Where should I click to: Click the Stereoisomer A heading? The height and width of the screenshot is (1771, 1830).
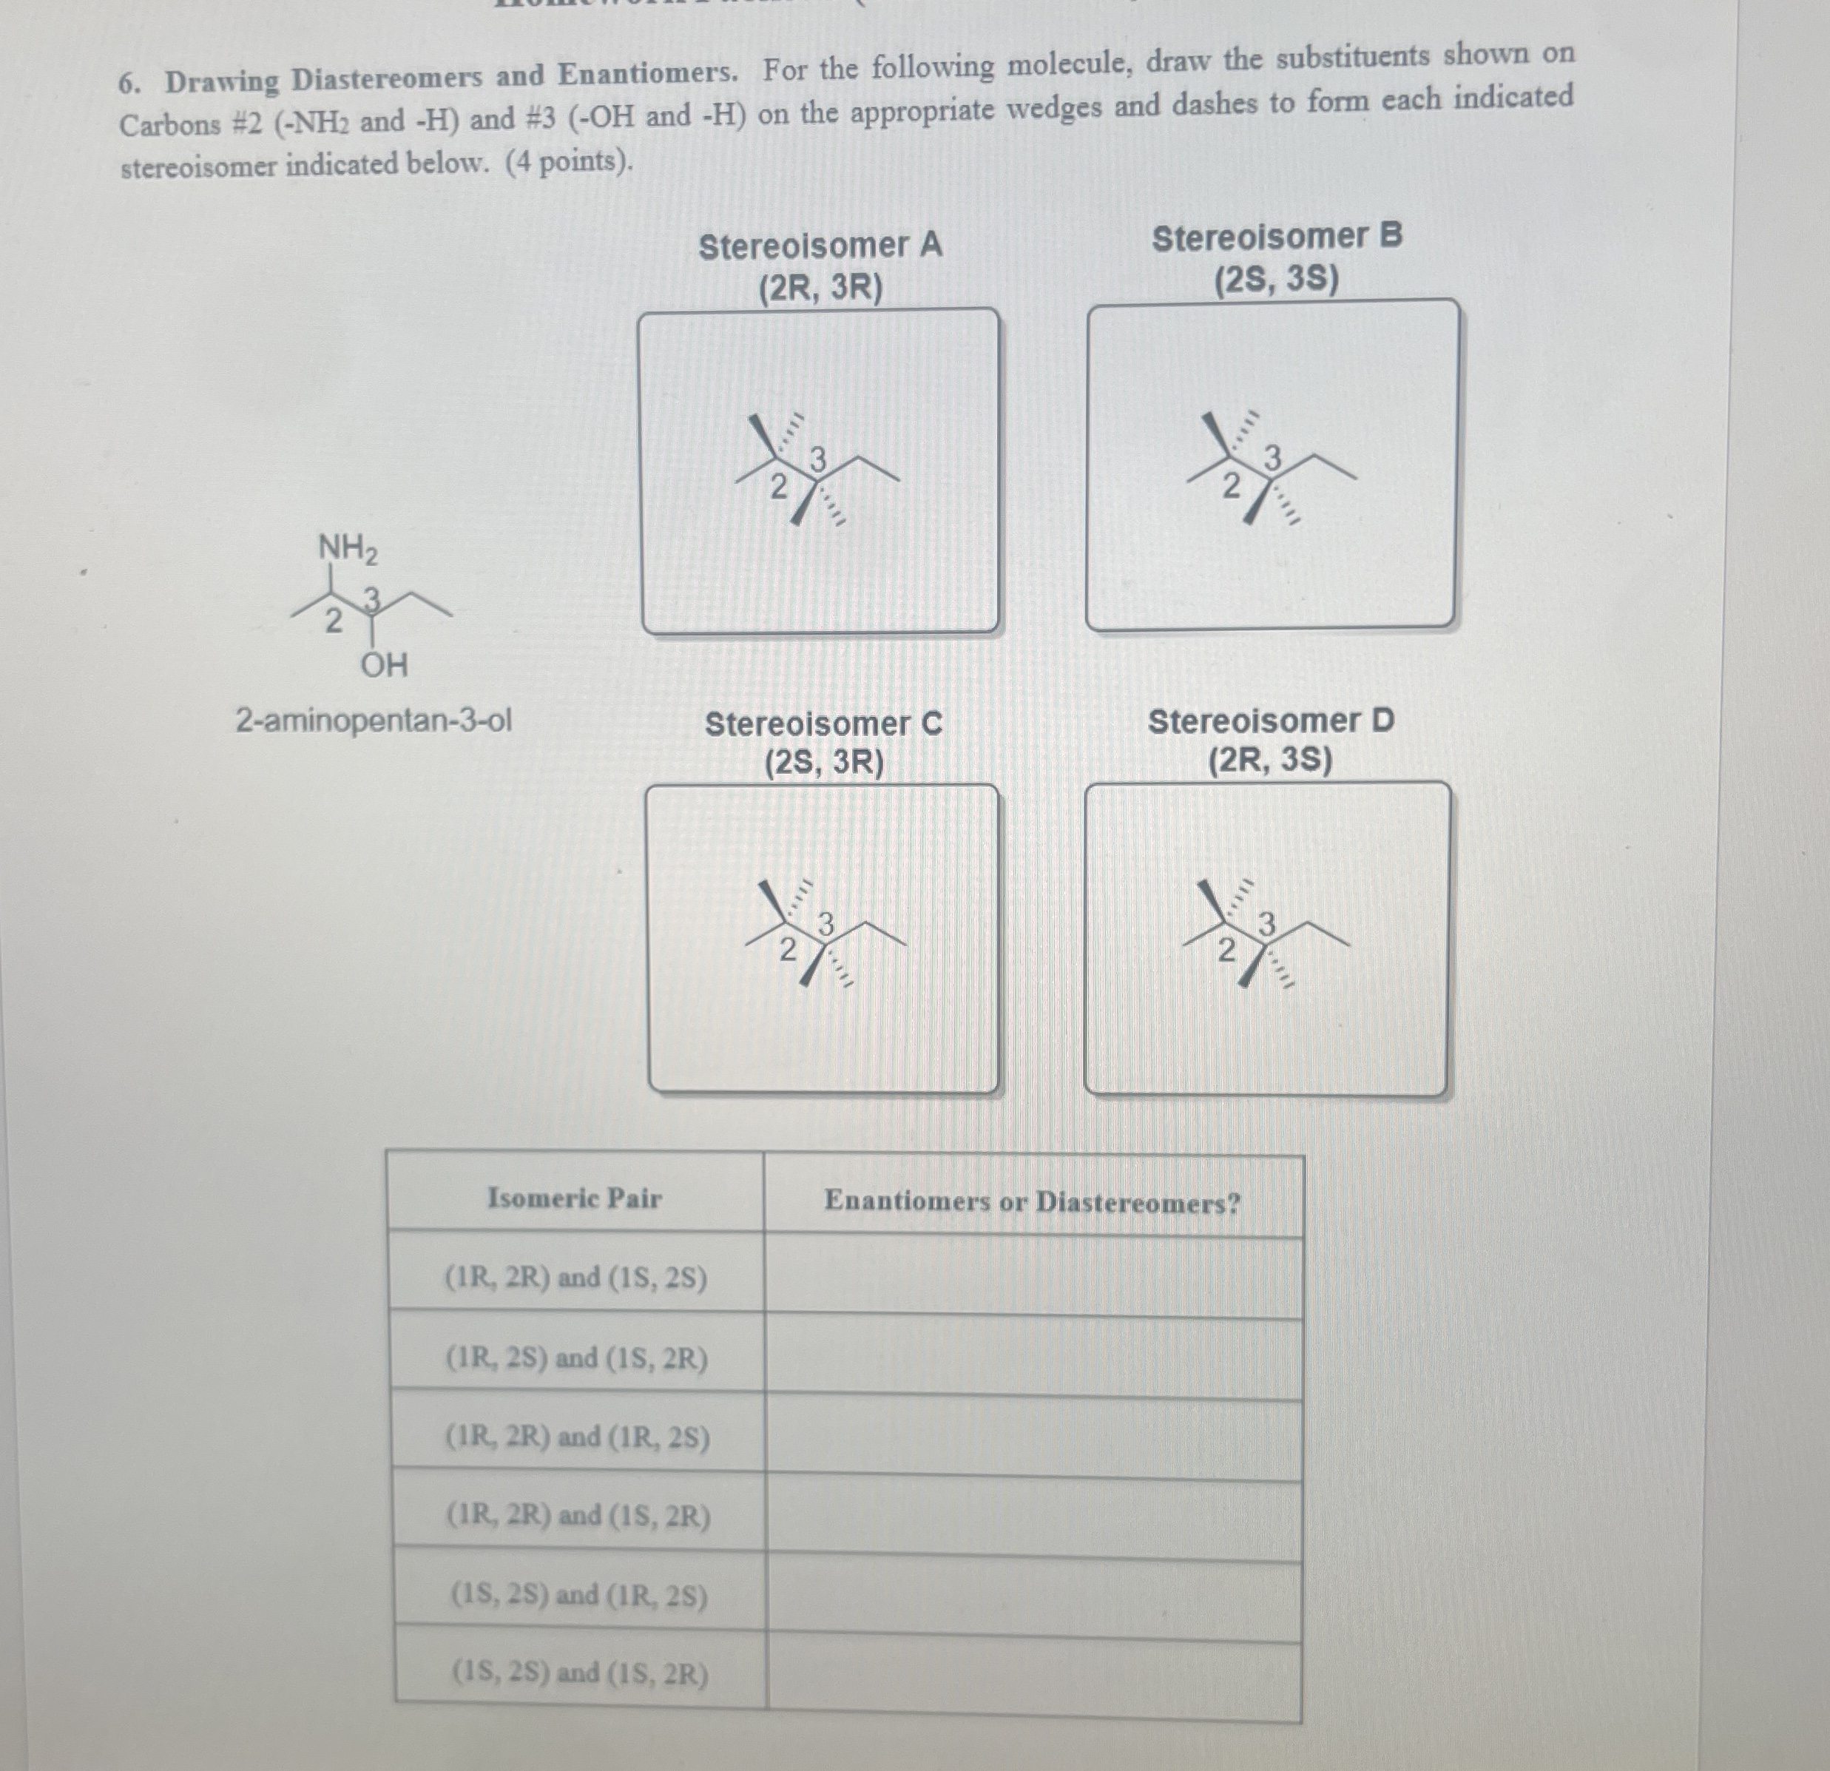pos(820,246)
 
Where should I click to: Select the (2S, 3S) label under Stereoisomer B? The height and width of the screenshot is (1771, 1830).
pos(1275,279)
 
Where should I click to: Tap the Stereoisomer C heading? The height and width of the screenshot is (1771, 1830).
pos(823,724)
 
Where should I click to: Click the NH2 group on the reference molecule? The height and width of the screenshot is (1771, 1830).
pos(348,549)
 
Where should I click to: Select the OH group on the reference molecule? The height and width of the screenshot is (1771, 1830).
pos(384,667)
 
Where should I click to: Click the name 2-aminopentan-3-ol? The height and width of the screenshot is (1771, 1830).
pos(374,721)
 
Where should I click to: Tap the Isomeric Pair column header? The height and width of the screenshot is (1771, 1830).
pos(574,1198)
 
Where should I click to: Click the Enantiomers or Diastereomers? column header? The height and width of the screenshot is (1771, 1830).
pos(1032,1201)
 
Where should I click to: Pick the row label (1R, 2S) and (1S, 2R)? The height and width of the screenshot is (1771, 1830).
pos(576,1358)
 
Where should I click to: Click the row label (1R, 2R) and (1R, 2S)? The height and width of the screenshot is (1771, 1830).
pos(577,1437)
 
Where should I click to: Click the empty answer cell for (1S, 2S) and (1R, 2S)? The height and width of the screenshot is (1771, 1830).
pos(1033,1599)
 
